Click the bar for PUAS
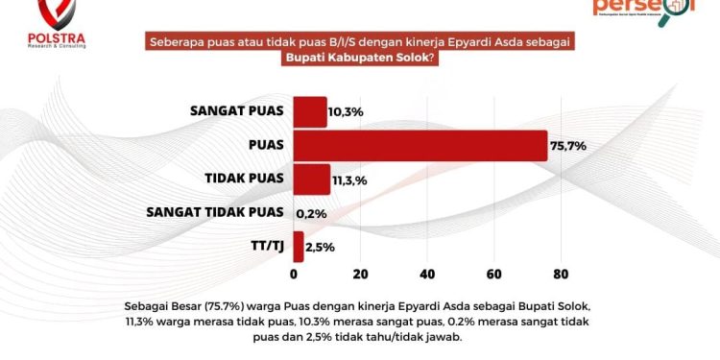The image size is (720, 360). pos(420,145)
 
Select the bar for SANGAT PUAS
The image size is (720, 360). pos(309,111)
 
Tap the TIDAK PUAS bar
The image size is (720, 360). pos(311,179)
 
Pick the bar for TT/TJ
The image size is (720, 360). pos(298,246)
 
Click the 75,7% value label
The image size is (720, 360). pos(567,146)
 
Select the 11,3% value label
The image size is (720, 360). pos(350,180)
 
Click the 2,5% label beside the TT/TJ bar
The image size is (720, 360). pos(321,247)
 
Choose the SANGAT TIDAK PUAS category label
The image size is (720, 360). pos(215,212)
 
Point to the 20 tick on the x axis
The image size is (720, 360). pos(360,274)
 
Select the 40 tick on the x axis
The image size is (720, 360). pos(427,274)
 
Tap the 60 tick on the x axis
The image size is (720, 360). pos(494,274)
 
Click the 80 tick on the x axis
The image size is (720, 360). pos(562,274)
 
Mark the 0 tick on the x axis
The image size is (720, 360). pos(293,274)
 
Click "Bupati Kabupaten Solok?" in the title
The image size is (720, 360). pos(361,59)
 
